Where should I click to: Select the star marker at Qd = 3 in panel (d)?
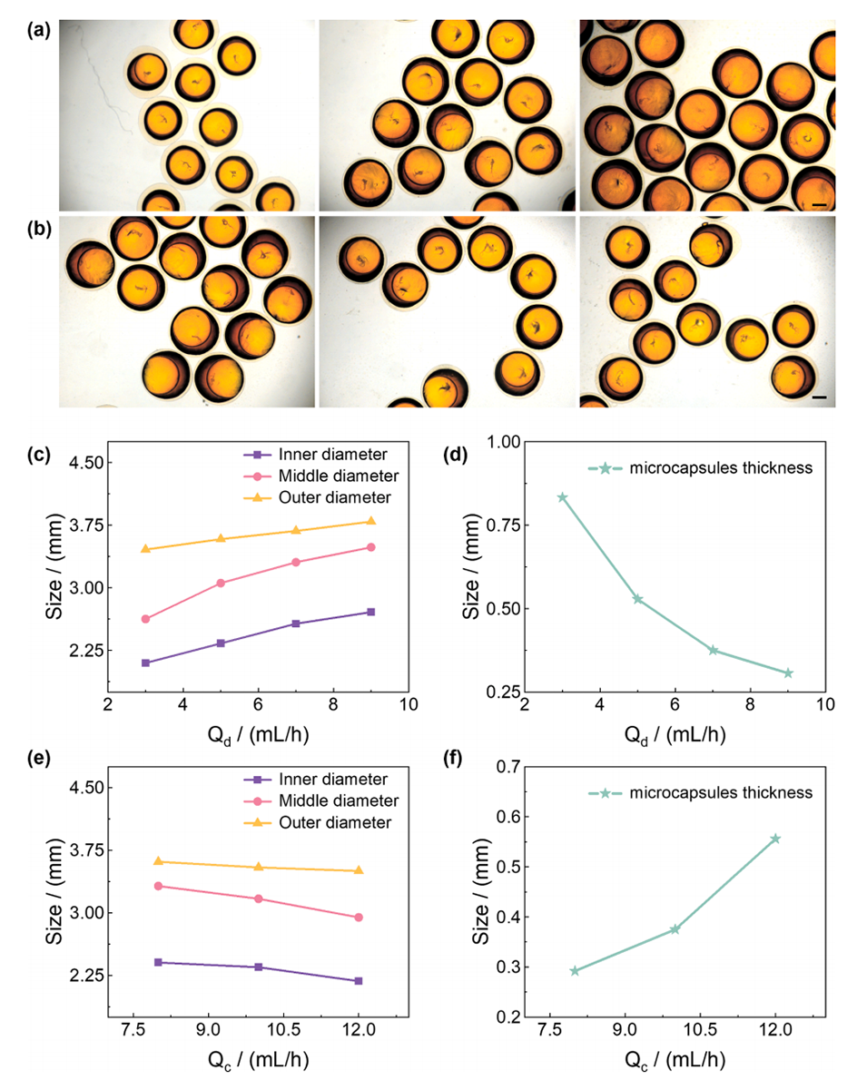(x=562, y=497)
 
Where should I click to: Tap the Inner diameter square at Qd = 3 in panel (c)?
(x=145, y=663)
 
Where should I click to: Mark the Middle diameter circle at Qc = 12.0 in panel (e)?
(x=359, y=918)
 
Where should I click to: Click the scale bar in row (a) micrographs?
(x=819, y=205)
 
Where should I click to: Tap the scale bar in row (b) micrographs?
(x=819, y=398)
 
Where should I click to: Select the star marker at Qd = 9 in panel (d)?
(x=788, y=673)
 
